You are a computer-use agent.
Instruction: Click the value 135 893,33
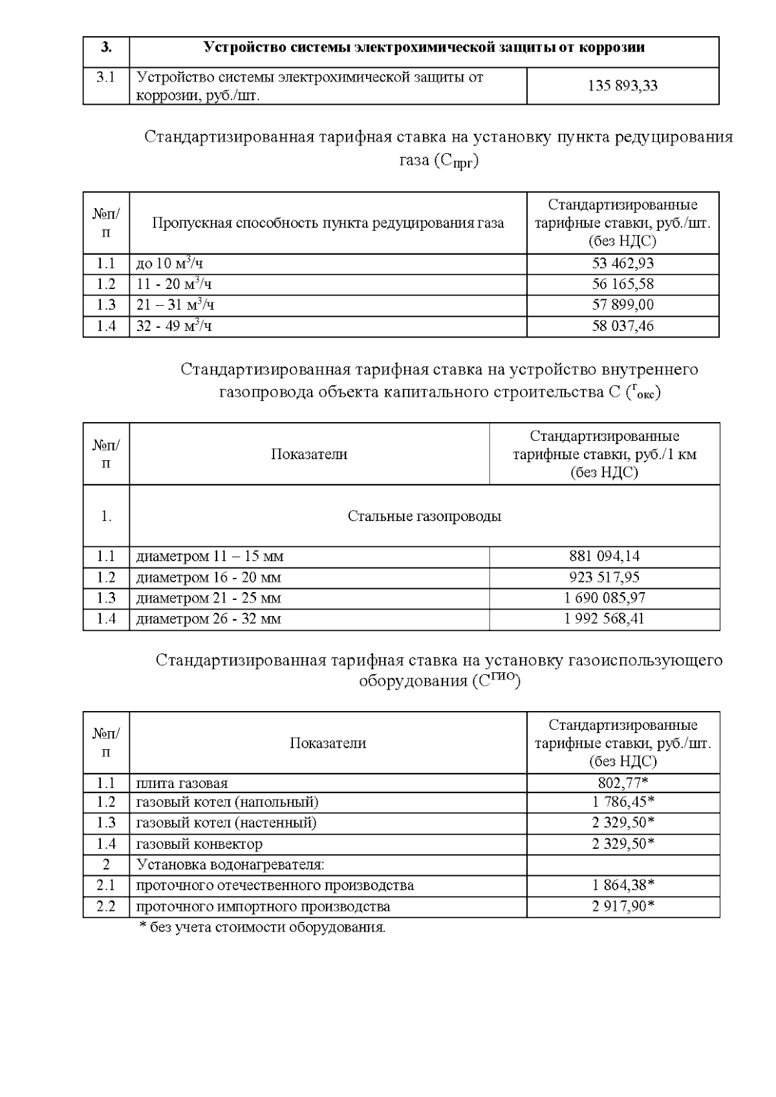click(x=623, y=85)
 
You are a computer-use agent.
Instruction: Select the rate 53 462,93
click(x=623, y=263)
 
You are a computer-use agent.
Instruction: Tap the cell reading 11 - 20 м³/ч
click(x=174, y=284)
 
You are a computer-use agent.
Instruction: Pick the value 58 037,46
click(x=623, y=325)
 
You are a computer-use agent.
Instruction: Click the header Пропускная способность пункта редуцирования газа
click(x=328, y=223)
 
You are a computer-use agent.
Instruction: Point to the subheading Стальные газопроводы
click(x=424, y=516)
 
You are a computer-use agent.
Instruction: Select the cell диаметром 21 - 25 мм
click(x=208, y=598)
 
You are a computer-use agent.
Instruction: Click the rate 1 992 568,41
click(x=604, y=619)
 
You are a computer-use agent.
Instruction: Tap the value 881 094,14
click(x=604, y=556)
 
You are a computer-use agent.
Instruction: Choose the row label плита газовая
click(x=182, y=783)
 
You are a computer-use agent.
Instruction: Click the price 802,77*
click(x=623, y=783)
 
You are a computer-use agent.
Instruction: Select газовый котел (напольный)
click(x=227, y=802)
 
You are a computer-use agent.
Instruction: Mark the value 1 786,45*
click(x=623, y=802)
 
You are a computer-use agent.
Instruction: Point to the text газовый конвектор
click(x=199, y=844)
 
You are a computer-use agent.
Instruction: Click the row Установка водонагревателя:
click(x=230, y=864)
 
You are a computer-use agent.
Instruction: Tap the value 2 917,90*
click(x=623, y=906)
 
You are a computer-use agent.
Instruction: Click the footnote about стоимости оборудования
click(x=262, y=928)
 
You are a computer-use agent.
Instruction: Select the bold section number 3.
click(x=106, y=47)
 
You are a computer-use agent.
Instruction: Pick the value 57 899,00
click(x=623, y=304)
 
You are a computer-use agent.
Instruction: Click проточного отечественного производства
click(x=275, y=885)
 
